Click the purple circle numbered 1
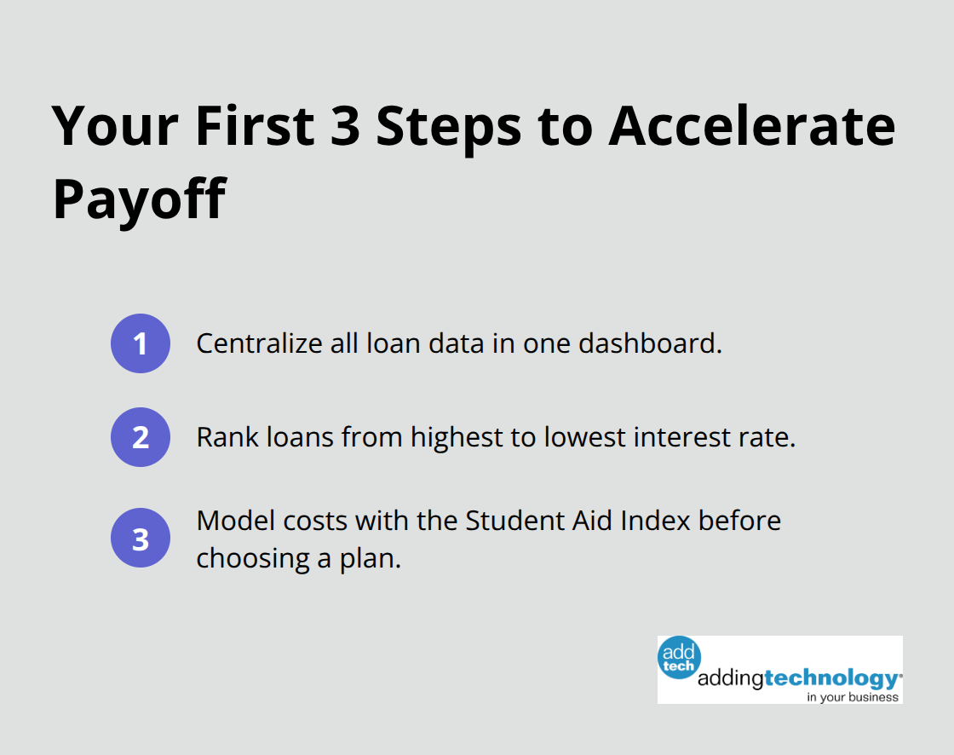141,343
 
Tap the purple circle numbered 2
141,437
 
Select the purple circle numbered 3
141,539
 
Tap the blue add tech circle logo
680,657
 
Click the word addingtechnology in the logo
799,678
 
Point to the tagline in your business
853,696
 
